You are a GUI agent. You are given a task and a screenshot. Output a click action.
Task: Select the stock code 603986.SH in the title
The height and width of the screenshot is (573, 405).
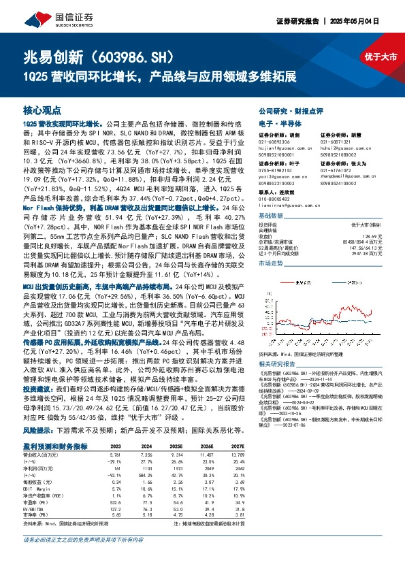coord(136,54)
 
